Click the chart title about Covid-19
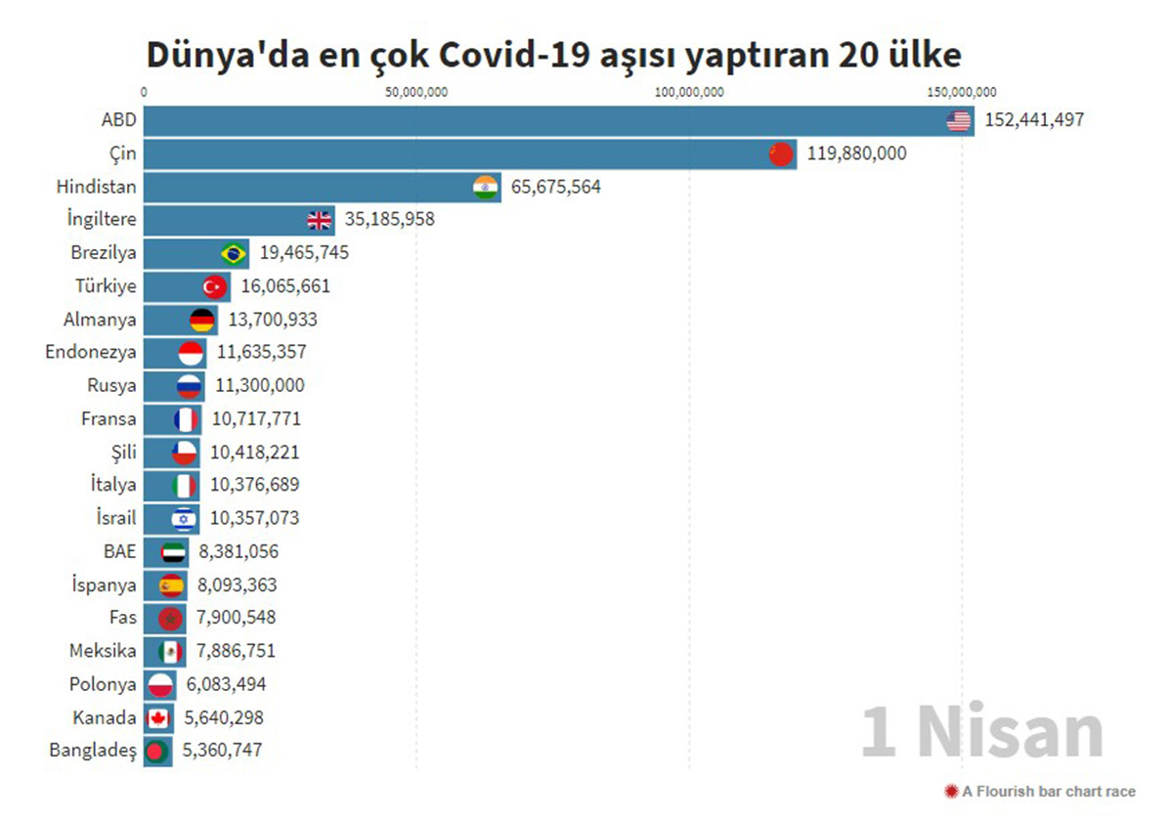(553, 55)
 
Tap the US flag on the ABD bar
(959, 121)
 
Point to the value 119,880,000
(856, 153)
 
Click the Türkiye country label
(106, 286)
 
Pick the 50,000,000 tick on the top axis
(416, 93)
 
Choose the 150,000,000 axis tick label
(962, 93)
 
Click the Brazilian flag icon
(234, 254)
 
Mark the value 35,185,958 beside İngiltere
(389, 219)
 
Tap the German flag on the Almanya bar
(202, 320)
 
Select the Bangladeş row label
(93, 751)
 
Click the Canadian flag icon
(157, 718)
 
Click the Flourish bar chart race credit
(1040, 792)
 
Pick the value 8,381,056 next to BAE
(239, 551)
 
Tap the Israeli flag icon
(184, 518)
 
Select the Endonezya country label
(91, 352)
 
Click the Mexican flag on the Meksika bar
(170, 651)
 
